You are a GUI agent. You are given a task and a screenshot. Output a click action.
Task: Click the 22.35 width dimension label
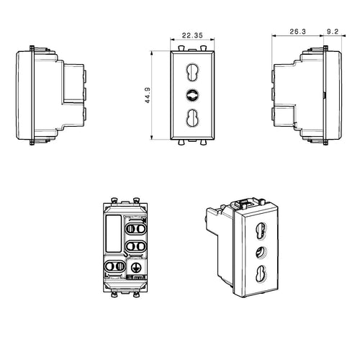tap(192, 35)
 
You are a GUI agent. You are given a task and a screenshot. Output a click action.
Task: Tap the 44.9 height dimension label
tap(148, 95)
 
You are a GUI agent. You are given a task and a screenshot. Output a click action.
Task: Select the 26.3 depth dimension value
tap(297, 32)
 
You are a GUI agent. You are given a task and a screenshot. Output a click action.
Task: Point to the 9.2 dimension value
tap(333, 32)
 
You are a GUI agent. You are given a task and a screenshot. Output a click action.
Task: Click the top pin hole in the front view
tap(192, 72)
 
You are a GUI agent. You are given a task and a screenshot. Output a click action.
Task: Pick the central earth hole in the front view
tap(192, 95)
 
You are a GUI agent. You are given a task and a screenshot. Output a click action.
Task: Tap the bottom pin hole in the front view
tap(192, 118)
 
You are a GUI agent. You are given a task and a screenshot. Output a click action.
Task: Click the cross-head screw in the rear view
tap(136, 268)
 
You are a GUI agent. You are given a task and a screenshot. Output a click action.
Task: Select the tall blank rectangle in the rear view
tap(114, 233)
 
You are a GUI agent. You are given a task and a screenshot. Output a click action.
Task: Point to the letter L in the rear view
tap(107, 274)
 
